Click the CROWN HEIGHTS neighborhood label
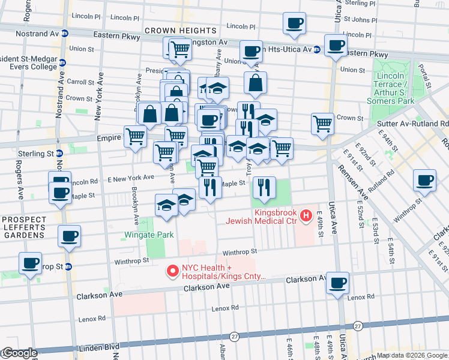pos(180,30)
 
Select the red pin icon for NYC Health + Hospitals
pos(173,272)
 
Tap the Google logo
pos(19,353)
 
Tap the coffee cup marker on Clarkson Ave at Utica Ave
pos(338,283)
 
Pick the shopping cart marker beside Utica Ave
pos(322,124)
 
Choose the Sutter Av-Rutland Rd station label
pos(413,124)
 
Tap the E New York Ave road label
pos(131,178)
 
